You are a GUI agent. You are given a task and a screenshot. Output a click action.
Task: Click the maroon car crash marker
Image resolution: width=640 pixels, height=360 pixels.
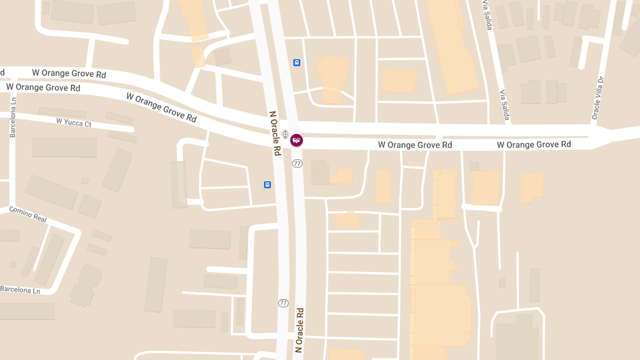[x=297, y=140]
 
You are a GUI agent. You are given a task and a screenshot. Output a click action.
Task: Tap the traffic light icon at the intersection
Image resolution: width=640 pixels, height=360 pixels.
[x=285, y=134]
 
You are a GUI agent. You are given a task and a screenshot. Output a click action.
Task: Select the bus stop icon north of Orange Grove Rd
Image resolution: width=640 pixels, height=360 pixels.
[x=297, y=62]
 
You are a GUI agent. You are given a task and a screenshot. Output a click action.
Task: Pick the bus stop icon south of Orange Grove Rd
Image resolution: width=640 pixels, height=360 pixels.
[x=267, y=185]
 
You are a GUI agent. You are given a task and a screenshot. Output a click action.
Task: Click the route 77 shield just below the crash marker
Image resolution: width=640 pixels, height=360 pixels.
[x=297, y=163]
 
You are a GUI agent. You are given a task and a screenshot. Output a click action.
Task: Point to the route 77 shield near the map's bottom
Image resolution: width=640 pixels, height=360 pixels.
[x=283, y=303]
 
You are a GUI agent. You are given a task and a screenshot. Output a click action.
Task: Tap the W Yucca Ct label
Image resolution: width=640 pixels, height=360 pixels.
[x=74, y=123]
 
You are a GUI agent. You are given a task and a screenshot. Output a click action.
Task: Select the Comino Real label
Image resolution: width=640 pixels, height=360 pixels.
[x=28, y=214]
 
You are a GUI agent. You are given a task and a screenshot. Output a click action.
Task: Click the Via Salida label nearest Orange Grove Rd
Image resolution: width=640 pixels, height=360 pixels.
[x=504, y=105]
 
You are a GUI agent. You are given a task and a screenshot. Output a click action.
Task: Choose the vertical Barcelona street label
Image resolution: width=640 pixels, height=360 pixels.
[x=13, y=117]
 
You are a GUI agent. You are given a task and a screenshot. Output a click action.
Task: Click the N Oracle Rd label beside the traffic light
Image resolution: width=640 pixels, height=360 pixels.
[x=275, y=133]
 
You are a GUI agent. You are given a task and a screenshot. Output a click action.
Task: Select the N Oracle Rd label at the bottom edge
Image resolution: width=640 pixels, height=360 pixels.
[x=299, y=330]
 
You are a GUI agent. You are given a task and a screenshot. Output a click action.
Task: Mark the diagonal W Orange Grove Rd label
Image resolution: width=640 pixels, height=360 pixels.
[x=161, y=107]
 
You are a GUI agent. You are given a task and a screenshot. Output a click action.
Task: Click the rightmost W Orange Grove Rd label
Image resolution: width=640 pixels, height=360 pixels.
[x=534, y=145]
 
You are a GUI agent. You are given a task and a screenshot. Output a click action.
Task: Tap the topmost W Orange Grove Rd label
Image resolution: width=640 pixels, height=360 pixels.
[x=69, y=73]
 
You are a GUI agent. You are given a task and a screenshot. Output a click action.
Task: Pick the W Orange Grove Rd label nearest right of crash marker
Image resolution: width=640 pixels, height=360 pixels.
[x=415, y=145]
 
